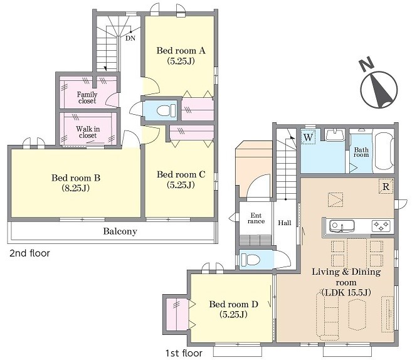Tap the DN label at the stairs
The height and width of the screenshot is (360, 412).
(x=130, y=38)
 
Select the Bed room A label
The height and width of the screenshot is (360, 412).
(x=181, y=55)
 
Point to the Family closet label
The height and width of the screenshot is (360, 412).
(x=87, y=97)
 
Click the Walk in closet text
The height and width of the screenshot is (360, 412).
(x=88, y=132)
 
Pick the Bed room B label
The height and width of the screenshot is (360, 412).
(x=76, y=183)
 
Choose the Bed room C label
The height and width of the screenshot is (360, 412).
(x=181, y=179)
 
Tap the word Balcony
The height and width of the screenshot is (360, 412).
(x=120, y=231)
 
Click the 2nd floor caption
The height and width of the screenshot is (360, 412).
(x=29, y=253)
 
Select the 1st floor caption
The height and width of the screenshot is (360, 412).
(x=184, y=353)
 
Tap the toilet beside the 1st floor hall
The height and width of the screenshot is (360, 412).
(x=250, y=260)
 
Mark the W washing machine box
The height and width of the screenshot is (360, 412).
(x=308, y=137)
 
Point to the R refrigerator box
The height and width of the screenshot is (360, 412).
(x=386, y=186)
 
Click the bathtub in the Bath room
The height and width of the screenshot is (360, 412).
(x=383, y=151)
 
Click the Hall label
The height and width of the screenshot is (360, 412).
(x=285, y=223)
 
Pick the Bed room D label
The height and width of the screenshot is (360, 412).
(x=233, y=309)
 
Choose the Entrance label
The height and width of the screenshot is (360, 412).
(x=256, y=218)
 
